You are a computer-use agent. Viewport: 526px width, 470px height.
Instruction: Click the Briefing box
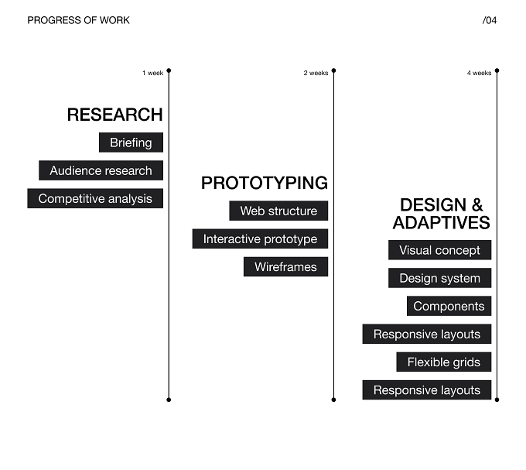pyautogui.click(x=131, y=142)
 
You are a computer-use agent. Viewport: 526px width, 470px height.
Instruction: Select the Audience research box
pyautogui.click(x=101, y=170)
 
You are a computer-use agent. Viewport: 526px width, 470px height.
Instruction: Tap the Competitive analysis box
pyautogui.click(x=95, y=198)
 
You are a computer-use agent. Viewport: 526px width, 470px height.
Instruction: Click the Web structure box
pyautogui.click(x=278, y=211)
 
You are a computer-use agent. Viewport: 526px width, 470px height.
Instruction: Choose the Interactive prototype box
pyautogui.click(x=260, y=238)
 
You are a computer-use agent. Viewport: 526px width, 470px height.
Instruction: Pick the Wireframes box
pyautogui.click(x=285, y=267)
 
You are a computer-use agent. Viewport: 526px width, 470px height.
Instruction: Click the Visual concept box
pyautogui.click(x=440, y=250)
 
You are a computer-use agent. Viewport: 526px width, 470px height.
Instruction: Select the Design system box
pyautogui.click(x=440, y=278)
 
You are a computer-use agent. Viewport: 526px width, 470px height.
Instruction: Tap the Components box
pyautogui.click(x=449, y=306)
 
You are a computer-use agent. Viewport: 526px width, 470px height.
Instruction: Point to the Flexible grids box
pyautogui.click(x=444, y=362)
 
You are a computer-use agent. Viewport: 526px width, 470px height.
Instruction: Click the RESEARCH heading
pyautogui.click(x=114, y=115)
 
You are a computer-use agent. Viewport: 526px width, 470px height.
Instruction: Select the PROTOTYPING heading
pyautogui.click(x=265, y=183)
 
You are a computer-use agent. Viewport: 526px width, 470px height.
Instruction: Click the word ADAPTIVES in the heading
pyautogui.click(x=441, y=222)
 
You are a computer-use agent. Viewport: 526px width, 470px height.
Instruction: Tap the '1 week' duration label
pyautogui.click(x=152, y=73)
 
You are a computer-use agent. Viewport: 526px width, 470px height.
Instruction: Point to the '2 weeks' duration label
pyautogui.click(x=316, y=73)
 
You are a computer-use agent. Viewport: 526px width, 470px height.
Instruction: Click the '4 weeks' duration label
pyautogui.click(x=479, y=73)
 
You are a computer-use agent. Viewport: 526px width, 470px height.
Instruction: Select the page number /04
pyautogui.click(x=490, y=20)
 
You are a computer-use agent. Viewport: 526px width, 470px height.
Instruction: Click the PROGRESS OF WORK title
pyautogui.click(x=78, y=20)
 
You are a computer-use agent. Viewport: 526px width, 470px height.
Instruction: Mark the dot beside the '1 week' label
pyautogui.click(x=169, y=70)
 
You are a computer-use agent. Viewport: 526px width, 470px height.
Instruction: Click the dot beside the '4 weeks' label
pyautogui.click(x=497, y=70)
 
